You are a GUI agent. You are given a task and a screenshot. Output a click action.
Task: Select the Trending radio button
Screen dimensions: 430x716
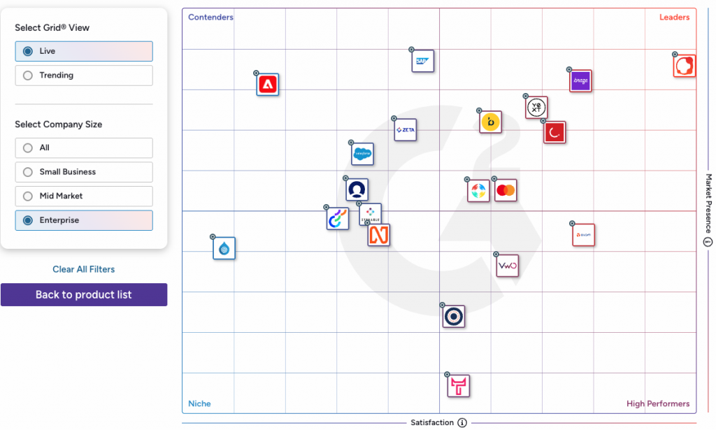tap(28, 76)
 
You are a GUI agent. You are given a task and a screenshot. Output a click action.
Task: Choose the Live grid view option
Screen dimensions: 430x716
tap(28, 51)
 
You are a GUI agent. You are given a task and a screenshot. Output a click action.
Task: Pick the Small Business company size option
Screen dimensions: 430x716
tap(28, 172)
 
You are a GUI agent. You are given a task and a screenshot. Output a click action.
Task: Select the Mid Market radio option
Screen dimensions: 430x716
tap(28, 196)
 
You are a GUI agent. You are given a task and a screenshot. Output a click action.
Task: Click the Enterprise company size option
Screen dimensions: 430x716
tap(28, 220)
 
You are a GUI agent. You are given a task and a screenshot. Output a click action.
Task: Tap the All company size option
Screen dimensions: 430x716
tap(28, 148)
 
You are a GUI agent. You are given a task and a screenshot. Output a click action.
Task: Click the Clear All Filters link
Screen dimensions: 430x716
tap(84, 269)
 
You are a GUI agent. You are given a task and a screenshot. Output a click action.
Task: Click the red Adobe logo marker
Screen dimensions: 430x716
tap(268, 85)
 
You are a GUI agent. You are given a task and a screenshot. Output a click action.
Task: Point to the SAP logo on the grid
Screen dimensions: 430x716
tap(423, 61)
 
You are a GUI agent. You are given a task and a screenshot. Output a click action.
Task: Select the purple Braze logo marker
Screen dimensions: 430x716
tap(581, 81)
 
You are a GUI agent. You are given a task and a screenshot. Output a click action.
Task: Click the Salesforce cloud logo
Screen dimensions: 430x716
tap(362, 154)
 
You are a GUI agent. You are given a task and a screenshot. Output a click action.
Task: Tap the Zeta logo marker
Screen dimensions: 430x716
tap(406, 130)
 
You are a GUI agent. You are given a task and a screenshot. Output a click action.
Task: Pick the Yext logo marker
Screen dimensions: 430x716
tap(536, 108)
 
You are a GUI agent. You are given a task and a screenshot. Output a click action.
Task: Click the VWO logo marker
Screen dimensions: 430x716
tap(507, 266)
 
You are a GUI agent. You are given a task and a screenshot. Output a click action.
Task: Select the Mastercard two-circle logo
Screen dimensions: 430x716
tap(506, 190)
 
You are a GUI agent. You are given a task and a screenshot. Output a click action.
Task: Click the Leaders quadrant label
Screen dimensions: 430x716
tap(674, 17)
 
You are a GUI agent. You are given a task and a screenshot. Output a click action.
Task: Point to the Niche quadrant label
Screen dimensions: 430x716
tap(199, 403)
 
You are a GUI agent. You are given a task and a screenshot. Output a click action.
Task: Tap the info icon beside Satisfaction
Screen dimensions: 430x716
tap(462, 423)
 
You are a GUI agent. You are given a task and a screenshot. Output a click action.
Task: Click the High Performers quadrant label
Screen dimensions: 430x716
tap(657, 403)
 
